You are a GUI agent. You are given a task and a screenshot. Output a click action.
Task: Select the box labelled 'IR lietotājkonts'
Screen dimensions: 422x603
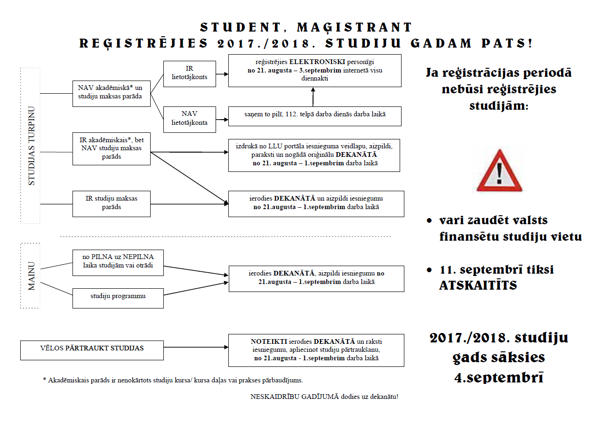pyautogui.click(x=189, y=74)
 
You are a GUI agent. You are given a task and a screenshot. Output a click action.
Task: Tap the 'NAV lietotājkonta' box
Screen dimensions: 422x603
pyautogui.click(x=189, y=119)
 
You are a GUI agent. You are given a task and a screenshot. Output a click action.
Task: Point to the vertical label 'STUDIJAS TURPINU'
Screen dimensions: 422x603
pyautogui.click(x=32, y=146)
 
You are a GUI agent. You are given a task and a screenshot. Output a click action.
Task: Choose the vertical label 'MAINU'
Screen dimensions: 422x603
pyautogui.click(x=32, y=276)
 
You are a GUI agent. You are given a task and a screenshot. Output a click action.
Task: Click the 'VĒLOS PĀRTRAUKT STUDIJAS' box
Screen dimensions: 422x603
pyautogui.click(x=92, y=349)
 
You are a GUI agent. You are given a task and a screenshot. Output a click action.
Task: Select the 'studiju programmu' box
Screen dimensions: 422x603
pyautogui.click(x=118, y=296)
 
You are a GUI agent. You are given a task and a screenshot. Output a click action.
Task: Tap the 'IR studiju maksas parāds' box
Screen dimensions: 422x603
pyautogui.click(x=111, y=203)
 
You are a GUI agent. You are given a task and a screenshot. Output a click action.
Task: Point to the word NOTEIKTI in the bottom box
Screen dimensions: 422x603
pyautogui.click(x=266, y=341)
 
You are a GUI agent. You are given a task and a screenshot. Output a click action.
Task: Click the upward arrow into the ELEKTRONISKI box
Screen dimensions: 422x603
pyautogui.click(x=313, y=97)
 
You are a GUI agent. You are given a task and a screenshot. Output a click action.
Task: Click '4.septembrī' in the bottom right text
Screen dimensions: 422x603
pyautogui.click(x=499, y=377)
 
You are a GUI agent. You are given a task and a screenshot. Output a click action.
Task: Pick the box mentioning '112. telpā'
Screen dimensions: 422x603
pyautogui.click(x=314, y=115)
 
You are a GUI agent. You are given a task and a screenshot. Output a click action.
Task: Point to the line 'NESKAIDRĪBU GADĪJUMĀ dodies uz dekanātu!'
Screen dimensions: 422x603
pyautogui.click(x=324, y=396)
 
